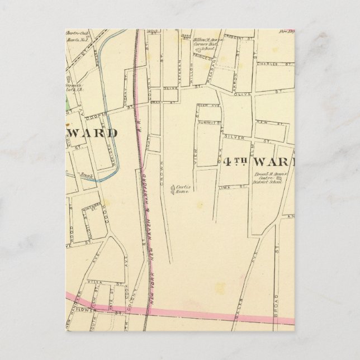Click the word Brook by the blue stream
click(x=86, y=176)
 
